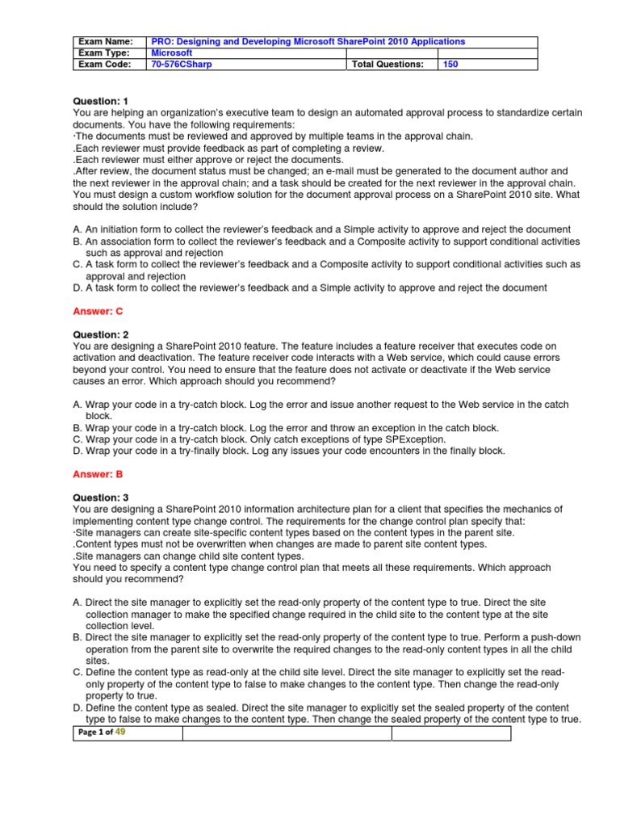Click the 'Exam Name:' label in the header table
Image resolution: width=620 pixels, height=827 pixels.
point(105,41)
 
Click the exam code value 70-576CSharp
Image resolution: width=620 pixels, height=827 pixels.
point(182,64)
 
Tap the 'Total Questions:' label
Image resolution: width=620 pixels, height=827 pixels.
point(387,64)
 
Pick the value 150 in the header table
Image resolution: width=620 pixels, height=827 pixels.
point(450,64)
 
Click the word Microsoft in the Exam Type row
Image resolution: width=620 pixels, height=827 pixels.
point(172,52)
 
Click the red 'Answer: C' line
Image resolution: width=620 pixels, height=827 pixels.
point(98,311)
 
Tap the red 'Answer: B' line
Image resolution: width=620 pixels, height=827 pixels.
point(98,474)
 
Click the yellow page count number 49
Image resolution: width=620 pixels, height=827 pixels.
point(121,732)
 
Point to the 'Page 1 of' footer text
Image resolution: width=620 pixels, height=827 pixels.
point(95,733)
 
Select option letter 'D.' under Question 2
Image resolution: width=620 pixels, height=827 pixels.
point(77,451)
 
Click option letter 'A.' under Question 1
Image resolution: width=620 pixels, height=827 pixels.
point(77,229)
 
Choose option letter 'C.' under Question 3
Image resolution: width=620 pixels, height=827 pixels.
point(77,673)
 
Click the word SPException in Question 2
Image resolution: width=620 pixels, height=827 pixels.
point(413,439)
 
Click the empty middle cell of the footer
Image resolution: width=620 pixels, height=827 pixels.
point(287,733)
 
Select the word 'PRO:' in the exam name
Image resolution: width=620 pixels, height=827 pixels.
point(163,41)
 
